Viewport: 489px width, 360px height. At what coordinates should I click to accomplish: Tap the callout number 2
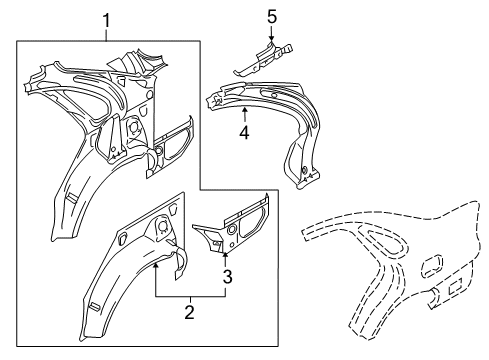click(188, 339)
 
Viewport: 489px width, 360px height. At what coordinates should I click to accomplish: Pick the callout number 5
click(270, 16)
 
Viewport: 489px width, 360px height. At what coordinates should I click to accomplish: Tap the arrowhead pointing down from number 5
click(270, 41)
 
